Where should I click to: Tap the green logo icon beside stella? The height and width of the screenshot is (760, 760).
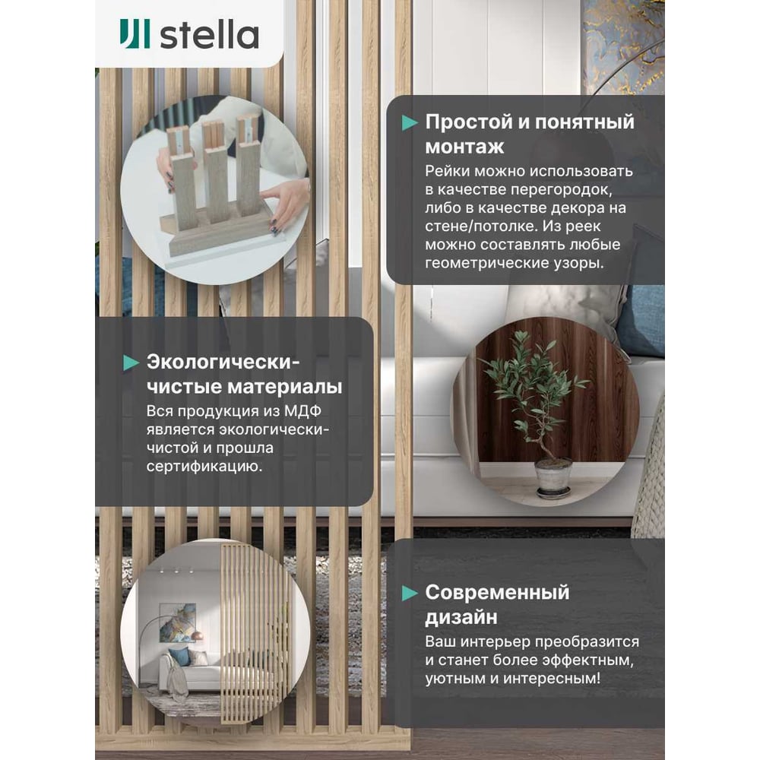[x=135, y=34]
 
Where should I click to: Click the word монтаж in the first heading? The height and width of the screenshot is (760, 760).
[x=464, y=147]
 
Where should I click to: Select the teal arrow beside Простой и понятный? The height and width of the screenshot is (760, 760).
[x=410, y=122]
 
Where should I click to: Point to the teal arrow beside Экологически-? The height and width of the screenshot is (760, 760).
[x=131, y=363]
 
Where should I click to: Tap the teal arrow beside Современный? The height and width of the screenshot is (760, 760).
[x=410, y=593]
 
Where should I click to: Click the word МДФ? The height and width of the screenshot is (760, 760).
[x=302, y=411]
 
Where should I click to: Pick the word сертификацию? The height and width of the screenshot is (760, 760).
[x=204, y=467]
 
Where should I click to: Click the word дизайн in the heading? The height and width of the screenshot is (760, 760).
[x=461, y=617]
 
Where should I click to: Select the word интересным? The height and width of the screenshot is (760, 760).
[x=551, y=678]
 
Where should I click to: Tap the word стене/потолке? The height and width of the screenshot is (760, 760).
[x=481, y=226]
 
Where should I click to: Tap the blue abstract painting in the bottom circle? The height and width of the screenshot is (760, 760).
[x=177, y=623]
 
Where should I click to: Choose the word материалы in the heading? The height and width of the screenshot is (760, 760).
[x=284, y=387]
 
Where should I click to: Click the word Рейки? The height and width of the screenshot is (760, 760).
[x=448, y=171]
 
